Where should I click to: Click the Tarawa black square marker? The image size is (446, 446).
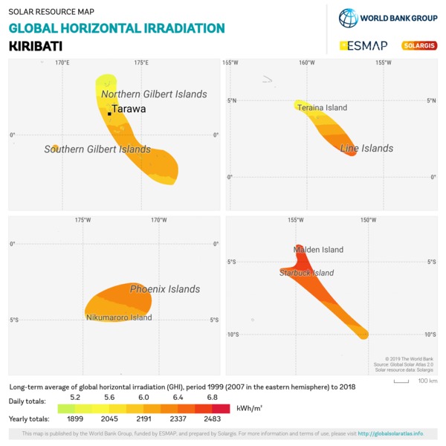point(109,114)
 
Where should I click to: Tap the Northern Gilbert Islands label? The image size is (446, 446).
point(154,94)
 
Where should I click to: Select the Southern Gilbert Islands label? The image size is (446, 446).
point(97,149)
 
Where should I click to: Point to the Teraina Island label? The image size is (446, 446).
point(322,108)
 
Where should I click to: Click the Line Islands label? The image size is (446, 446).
point(366,149)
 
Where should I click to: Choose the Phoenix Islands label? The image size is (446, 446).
point(165,289)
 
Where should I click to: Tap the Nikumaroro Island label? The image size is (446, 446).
point(119,317)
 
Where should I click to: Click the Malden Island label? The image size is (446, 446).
point(319,250)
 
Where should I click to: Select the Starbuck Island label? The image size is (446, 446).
point(306,273)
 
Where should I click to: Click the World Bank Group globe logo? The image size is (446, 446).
point(348,18)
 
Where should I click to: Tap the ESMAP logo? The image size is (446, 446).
point(363,45)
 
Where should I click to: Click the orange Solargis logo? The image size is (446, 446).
point(419,45)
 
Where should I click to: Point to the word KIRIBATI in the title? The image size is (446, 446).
point(35,45)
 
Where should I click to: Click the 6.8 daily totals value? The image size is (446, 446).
point(212,398)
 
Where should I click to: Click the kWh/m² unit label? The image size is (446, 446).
point(250,408)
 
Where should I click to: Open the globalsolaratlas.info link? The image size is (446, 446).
point(390,434)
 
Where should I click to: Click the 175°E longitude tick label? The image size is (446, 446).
point(140,62)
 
